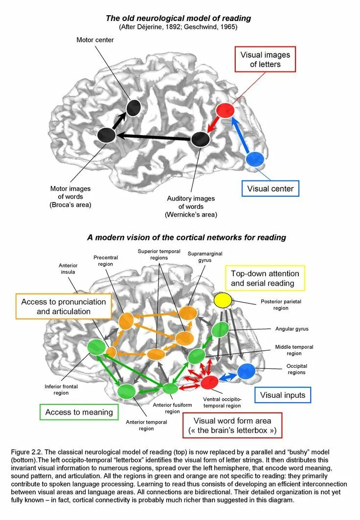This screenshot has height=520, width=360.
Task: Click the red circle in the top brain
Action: pyautogui.click(x=225, y=111)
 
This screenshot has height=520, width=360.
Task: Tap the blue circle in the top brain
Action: pyautogui.click(x=255, y=159)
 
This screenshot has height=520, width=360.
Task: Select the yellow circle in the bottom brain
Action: pyautogui.click(x=222, y=300)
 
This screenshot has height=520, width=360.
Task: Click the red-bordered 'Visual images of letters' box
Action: pyautogui.click(x=265, y=59)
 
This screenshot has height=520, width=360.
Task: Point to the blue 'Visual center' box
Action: pyautogui.click(x=270, y=188)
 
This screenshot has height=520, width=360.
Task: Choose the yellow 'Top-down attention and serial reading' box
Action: pyautogui.click(x=265, y=278)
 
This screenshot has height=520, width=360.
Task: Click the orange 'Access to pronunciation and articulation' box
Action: pyautogui.click(x=64, y=306)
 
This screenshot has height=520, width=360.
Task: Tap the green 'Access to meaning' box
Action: pyautogui.click(x=79, y=412)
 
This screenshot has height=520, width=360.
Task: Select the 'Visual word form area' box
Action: pyautogui.click(x=232, y=426)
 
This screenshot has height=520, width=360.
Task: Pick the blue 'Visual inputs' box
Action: pyautogui.click(x=282, y=395)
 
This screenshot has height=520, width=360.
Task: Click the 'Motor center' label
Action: pyautogui.click(x=95, y=40)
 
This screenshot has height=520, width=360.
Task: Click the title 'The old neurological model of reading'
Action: pyautogui.click(x=179, y=18)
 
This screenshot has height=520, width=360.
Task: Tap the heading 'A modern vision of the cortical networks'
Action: pyautogui.click(x=186, y=237)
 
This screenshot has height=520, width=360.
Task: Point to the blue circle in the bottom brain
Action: pyautogui.click(x=246, y=371)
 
